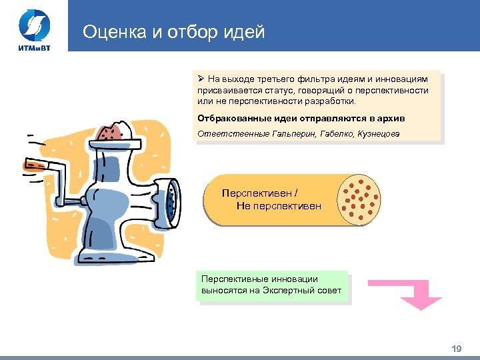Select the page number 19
pos(457,349)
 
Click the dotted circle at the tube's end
pos(360,200)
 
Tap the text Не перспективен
pos(279,206)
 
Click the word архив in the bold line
pos(391,118)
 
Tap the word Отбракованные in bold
pos(231,118)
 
